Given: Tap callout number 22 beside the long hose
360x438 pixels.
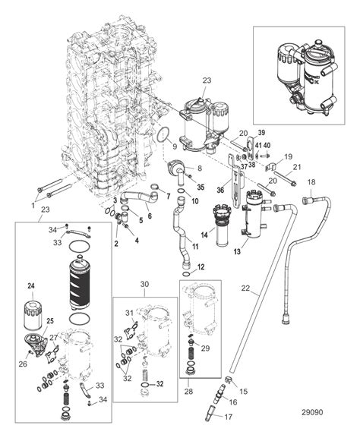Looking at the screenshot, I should click(245, 288).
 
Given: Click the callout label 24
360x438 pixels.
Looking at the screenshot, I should click(31, 286).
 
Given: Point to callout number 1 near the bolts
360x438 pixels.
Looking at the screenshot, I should click(33, 206).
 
